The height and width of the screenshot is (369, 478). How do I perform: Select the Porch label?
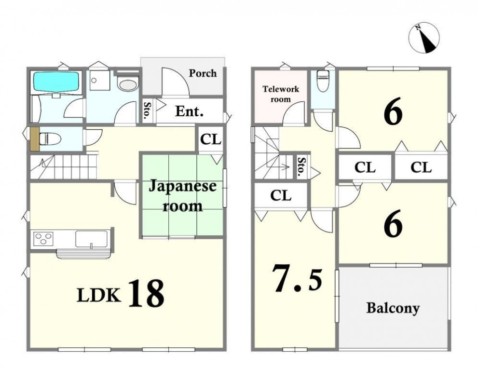203,73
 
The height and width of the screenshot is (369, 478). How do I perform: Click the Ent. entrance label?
189,111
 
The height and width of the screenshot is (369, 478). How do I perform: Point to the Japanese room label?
182,196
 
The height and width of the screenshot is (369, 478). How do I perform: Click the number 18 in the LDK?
146,293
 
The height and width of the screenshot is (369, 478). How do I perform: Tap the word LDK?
98,295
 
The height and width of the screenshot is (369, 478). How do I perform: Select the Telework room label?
281,94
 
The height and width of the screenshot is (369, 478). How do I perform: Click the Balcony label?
393,308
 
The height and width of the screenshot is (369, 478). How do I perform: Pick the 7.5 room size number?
297,278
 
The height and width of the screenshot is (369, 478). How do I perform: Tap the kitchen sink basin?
92,239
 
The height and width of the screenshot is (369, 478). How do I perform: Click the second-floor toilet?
322,81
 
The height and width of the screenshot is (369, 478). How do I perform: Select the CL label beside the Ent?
211,139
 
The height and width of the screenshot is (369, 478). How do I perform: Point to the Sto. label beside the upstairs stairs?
301,167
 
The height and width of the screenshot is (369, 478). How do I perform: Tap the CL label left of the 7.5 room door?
281,195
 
